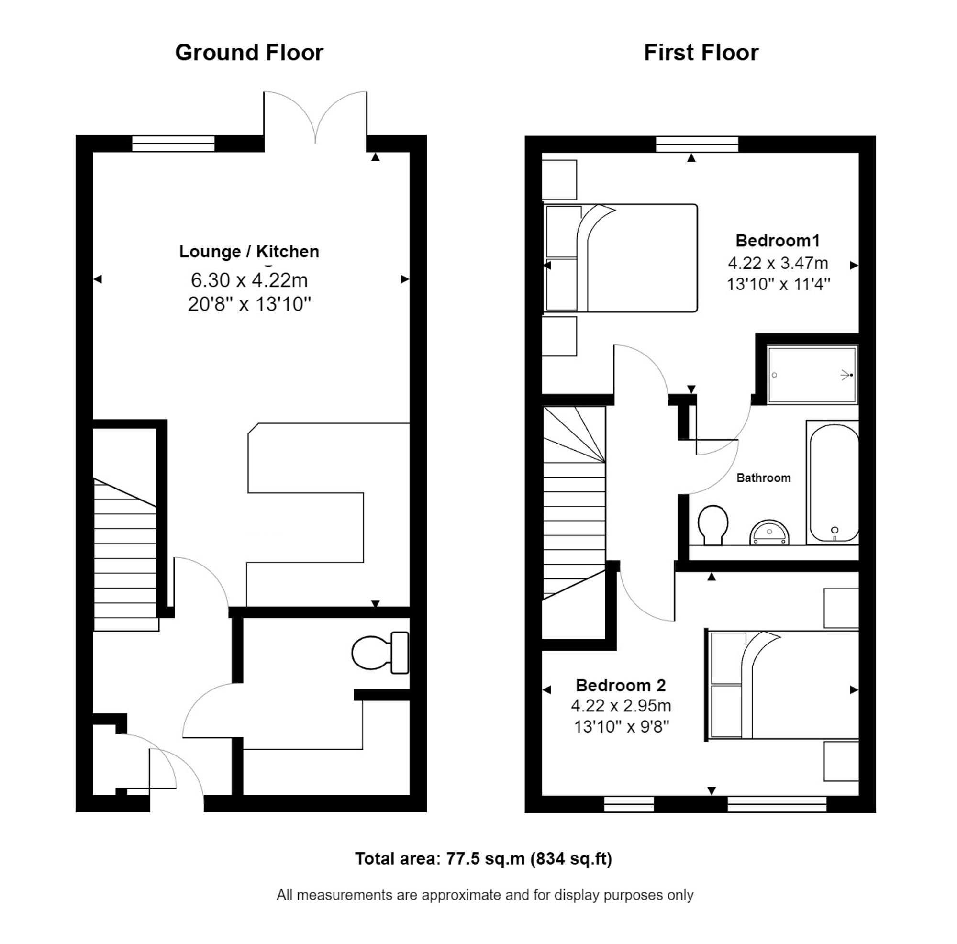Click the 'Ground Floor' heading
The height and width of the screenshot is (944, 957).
click(249, 53)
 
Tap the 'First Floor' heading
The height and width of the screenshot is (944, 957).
click(701, 53)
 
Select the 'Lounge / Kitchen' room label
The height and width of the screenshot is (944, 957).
click(249, 252)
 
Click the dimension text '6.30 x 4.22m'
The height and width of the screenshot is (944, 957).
click(249, 280)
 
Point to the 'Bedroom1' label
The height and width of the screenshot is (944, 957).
click(778, 241)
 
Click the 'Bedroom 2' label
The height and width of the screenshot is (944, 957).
click(621, 686)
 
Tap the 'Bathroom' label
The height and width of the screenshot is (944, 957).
click(763, 478)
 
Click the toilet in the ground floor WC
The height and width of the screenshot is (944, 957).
click(380, 653)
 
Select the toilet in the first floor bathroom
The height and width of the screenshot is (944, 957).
click(713, 525)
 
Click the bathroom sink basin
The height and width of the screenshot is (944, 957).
click(769, 532)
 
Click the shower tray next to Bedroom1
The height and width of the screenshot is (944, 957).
click(812, 375)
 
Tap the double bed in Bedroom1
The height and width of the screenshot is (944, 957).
click(620, 258)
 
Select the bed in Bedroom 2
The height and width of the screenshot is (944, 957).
click(782, 686)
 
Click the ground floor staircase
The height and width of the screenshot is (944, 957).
click(126, 554)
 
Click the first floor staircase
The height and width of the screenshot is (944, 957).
click(575, 503)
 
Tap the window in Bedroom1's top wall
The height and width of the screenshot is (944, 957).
click(697, 144)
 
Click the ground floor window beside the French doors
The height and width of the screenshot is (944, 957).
click(173, 144)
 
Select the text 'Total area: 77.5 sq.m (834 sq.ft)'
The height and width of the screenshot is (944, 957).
click(483, 858)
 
